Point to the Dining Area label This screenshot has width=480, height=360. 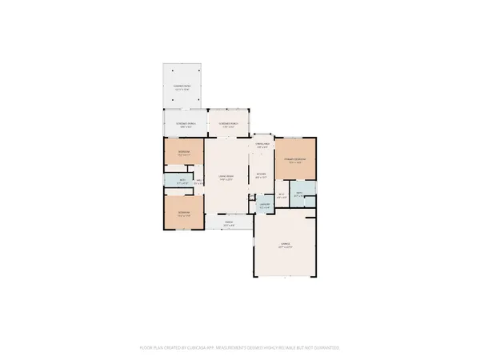pyautogui.click(x=262, y=146)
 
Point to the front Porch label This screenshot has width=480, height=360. pyautogui.click(x=228, y=225)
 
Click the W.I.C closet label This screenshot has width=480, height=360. pyautogui.click(x=282, y=194)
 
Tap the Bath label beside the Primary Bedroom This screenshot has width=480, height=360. pyautogui.click(x=300, y=194)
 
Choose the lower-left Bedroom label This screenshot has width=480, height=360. pyautogui.click(x=183, y=214)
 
